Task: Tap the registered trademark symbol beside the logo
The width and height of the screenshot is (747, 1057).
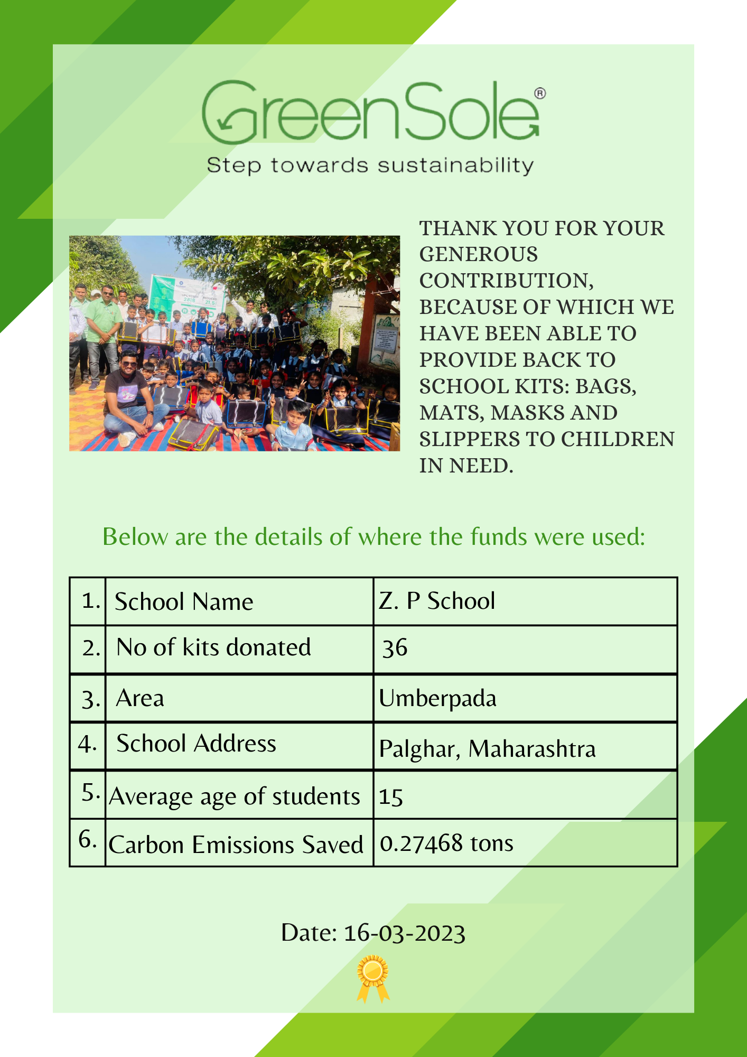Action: (540, 94)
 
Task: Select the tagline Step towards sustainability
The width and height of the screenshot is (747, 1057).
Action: (370, 165)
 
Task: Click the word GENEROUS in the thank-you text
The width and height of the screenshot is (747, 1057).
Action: (479, 255)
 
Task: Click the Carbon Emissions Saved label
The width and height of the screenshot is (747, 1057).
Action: (236, 845)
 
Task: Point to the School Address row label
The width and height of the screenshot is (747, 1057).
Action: (196, 744)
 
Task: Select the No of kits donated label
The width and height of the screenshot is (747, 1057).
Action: (213, 647)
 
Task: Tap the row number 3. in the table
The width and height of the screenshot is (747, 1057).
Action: (90, 699)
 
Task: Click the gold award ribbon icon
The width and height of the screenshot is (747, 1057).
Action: (373, 978)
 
